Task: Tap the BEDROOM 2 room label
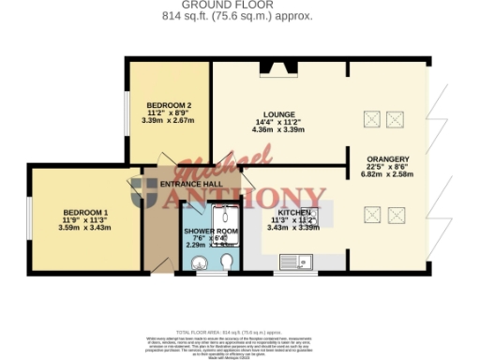170,105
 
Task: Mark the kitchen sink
309,265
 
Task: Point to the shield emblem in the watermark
146,192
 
